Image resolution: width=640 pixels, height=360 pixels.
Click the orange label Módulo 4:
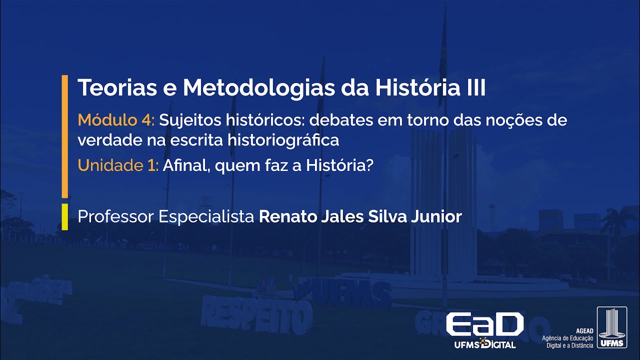117,120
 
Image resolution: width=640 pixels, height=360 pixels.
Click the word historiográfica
283,140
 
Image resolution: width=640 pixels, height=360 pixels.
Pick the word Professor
116,217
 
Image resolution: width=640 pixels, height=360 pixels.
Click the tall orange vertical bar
64,136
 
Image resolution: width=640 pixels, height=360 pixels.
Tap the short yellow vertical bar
64,217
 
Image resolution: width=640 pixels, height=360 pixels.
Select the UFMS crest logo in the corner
611,328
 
